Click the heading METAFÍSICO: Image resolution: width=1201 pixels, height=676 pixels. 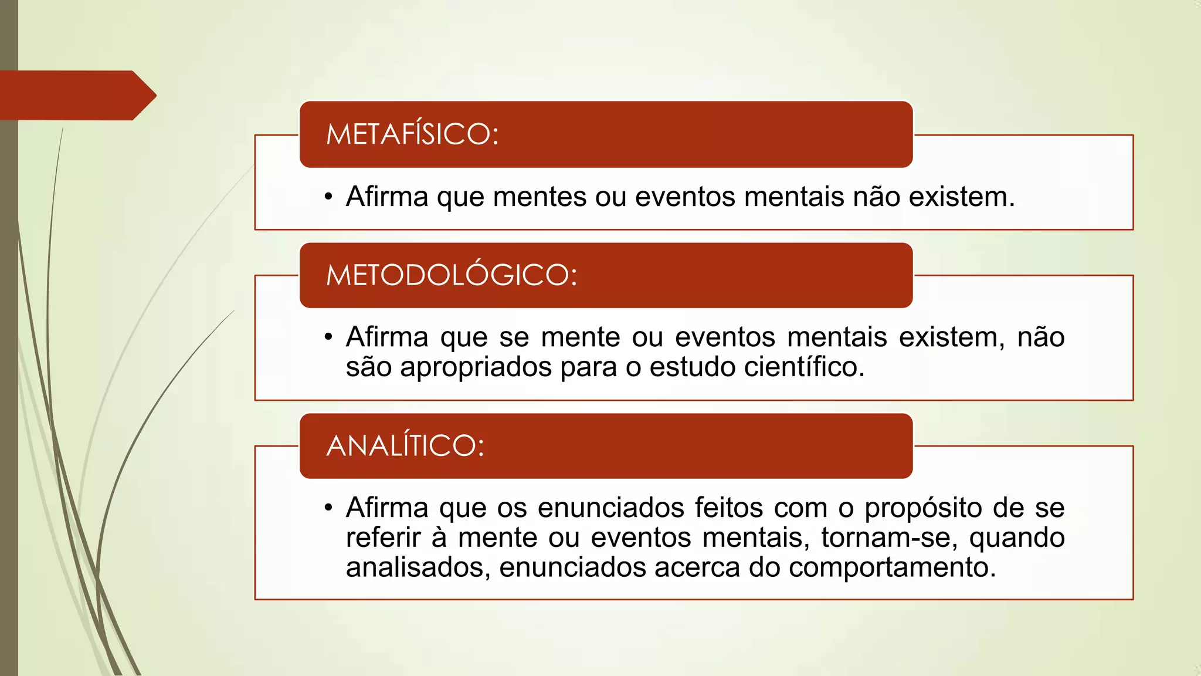(412, 134)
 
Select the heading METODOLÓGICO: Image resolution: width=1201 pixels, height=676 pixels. (452, 275)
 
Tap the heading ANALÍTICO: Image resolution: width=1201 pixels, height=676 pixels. (405, 446)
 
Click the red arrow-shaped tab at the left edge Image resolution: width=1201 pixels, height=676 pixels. (76, 96)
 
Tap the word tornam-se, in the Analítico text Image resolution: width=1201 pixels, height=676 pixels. (889, 538)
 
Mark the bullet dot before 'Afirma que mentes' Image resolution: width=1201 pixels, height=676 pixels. (328, 197)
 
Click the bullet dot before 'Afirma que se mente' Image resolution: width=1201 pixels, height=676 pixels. (328, 337)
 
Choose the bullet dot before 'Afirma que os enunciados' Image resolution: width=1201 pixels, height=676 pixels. (328, 508)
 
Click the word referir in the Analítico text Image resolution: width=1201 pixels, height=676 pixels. (384, 538)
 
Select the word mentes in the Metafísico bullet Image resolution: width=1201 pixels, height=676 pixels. (540, 197)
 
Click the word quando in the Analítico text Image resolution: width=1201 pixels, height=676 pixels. (1017, 538)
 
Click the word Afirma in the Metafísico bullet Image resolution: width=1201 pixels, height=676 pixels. (387, 197)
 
